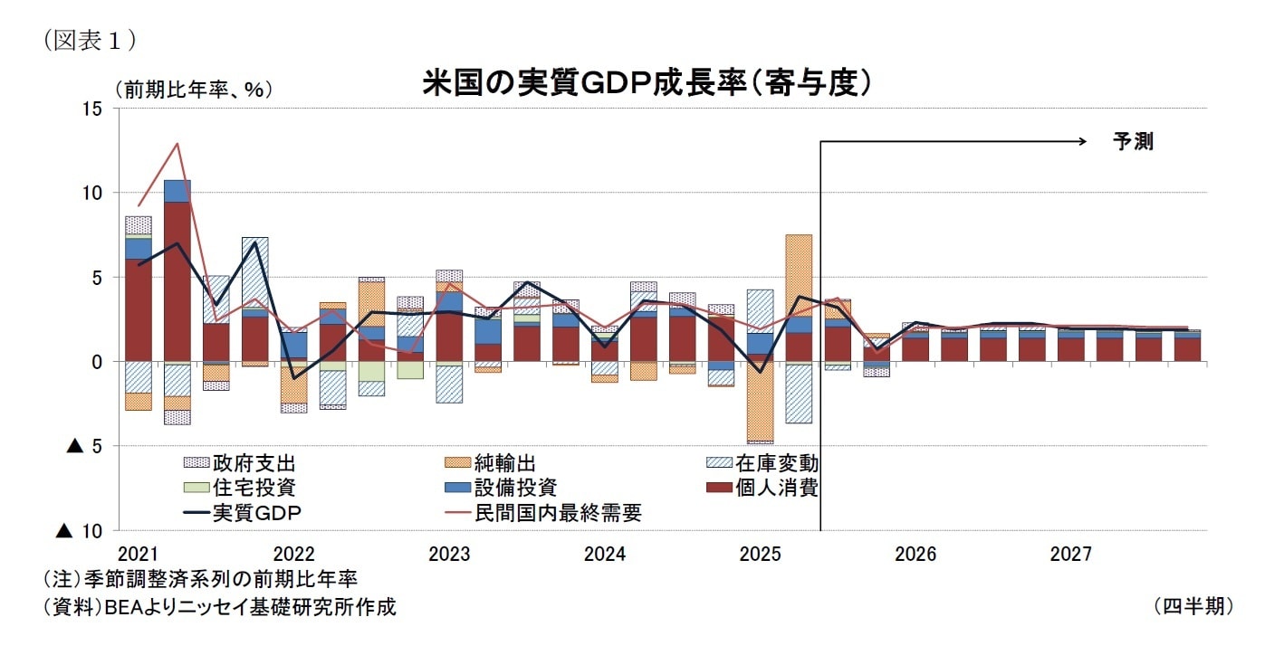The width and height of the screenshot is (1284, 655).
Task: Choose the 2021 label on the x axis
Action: click(139, 554)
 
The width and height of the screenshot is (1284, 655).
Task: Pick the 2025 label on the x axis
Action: click(761, 554)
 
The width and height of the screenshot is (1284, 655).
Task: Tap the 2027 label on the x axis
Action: click(1071, 554)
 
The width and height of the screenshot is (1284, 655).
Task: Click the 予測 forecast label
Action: click(1133, 141)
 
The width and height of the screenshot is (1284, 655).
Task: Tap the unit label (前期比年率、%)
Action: click(193, 90)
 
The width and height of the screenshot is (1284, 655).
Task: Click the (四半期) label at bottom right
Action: click(1193, 605)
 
